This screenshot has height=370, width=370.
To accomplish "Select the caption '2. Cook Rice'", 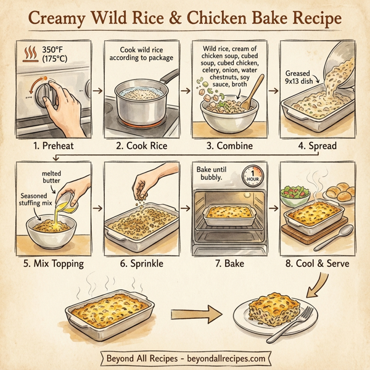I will pyautogui.click(x=142, y=147).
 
